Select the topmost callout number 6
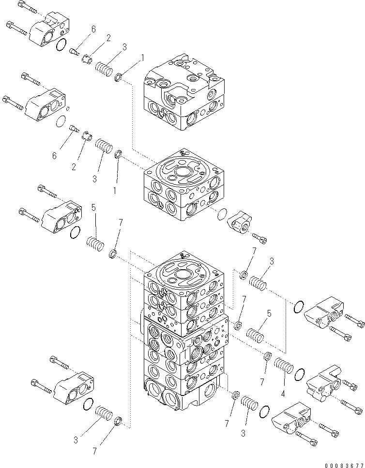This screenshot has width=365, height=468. click(93, 29)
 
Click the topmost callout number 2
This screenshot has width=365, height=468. click(108, 37)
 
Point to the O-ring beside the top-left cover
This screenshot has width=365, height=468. click(61, 45)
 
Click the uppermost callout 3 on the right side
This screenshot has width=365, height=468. click(272, 262)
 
